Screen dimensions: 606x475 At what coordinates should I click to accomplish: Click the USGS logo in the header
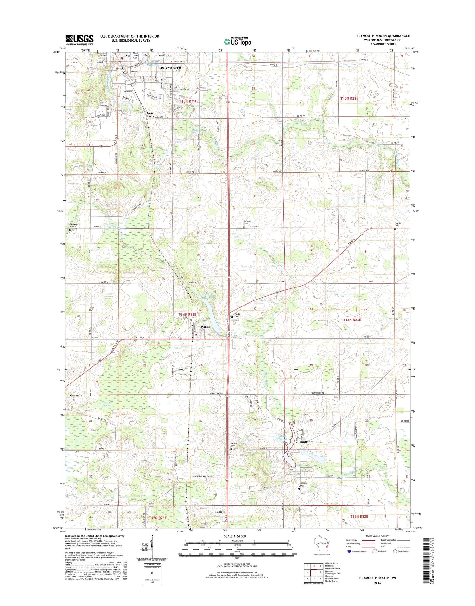point(79,40)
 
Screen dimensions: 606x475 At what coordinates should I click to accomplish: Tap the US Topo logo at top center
point(237,41)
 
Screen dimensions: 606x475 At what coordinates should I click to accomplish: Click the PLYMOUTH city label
point(171,68)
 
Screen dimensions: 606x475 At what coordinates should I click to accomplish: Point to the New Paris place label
point(150,114)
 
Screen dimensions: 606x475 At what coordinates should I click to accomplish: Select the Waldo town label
point(206,327)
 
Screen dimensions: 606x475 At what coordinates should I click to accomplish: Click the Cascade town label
point(76,396)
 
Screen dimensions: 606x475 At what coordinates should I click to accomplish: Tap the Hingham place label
point(306,442)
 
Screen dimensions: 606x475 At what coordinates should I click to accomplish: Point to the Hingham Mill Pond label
point(280,438)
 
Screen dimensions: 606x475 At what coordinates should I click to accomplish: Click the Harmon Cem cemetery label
point(247,222)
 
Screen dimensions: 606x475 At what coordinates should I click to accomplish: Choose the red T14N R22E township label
point(352,320)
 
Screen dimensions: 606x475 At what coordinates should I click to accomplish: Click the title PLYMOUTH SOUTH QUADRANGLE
point(383,36)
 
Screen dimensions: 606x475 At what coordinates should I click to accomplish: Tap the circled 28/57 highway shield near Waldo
point(229,333)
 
